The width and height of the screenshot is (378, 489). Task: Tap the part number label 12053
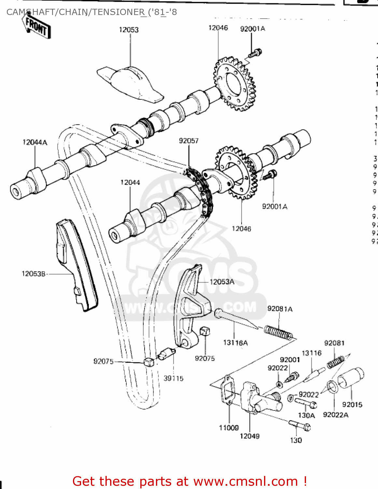(x=129, y=30)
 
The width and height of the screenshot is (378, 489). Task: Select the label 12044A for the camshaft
(x=35, y=142)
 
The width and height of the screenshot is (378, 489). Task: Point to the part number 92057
(x=189, y=141)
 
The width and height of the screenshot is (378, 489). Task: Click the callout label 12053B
(x=34, y=274)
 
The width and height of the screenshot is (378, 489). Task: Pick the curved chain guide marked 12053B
(x=77, y=264)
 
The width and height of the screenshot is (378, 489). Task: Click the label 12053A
(x=222, y=282)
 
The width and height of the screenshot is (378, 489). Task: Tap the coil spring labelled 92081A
(x=278, y=333)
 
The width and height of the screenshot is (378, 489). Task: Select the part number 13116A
(x=235, y=343)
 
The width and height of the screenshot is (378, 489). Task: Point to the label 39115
(x=173, y=378)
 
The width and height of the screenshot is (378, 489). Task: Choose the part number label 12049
(x=249, y=436)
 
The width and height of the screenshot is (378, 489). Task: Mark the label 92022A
(x=335, y=415)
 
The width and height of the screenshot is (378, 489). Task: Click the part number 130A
(x=306, y=415)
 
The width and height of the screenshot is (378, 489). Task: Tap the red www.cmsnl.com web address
(x=245, y=481)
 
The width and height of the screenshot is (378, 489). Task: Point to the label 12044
(x=130, y=183)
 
